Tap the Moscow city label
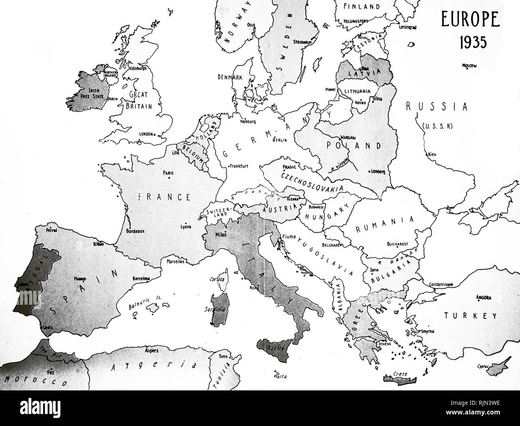470,66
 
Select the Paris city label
168,173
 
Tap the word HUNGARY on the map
322,215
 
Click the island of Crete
400,376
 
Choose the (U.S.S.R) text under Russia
437,126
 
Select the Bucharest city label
397,244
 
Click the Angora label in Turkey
484,297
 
